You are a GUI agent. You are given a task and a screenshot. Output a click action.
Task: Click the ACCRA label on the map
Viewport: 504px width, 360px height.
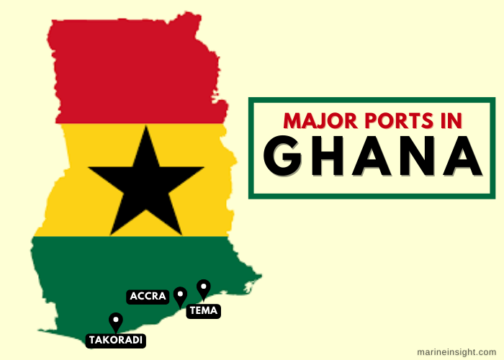(148, 296)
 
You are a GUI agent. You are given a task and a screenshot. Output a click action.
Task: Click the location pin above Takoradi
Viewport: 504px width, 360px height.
(115, 321)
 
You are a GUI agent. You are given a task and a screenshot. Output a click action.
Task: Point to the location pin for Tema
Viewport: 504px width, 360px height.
(204, 288)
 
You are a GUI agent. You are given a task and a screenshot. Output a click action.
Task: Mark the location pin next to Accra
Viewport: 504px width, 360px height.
(180, 295)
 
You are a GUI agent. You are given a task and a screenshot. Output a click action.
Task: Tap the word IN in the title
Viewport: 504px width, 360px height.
(449, 120)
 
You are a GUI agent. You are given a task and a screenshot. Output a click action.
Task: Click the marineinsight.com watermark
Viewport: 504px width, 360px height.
(456, 351)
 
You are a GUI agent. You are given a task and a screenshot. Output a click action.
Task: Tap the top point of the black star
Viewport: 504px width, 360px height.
(146, 127)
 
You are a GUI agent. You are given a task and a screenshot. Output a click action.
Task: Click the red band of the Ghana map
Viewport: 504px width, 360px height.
(137, 72)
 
